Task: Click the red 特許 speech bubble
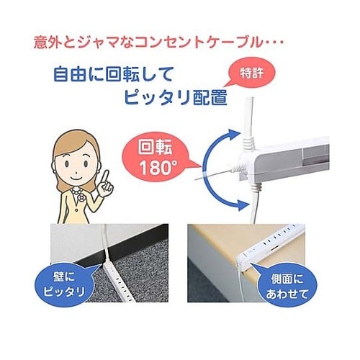252,73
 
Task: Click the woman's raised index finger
104,177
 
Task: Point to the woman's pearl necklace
76,192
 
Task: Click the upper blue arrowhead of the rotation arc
233,135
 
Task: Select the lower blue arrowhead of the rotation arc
240,204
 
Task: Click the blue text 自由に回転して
113,74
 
